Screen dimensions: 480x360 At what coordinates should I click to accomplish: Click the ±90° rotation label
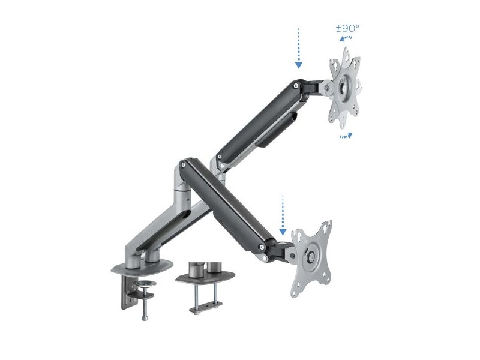[347, 28]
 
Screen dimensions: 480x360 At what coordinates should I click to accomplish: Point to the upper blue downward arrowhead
[299, 65]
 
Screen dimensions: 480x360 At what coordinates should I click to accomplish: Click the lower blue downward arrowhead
[283, 232]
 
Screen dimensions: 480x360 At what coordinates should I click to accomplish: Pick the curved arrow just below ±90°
[346, 38]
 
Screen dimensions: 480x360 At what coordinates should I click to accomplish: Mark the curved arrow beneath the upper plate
[346, 136]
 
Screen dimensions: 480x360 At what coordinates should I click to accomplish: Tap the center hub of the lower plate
[311, 257]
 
